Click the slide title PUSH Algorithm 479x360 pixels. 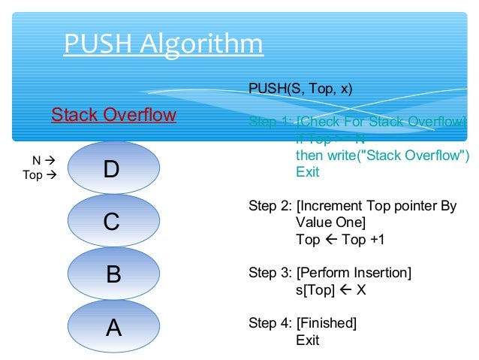click(x=163, y=44)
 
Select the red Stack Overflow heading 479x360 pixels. click(x=113, y=115)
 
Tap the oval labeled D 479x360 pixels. click(x=113, y=170)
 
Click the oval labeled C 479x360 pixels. click(x=113, y=222)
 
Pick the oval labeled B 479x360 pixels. click(x=113, y=274)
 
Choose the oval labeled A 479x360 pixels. click(x=113, y=327)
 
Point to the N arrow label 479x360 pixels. click(x=44, y=160)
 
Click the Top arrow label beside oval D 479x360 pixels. click(x=40, y=175)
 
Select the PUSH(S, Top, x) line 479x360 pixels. click(x=300, y=89)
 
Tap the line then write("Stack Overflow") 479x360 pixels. click(x=382, y=156)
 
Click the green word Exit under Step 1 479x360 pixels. click(x=308, y=172)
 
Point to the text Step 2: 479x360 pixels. click(x=270, y=206)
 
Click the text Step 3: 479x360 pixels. click(x=270, y=273)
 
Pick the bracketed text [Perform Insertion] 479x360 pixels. click(x=354, y=273)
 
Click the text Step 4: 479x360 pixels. click(x=270, y=324)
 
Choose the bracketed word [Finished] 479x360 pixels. click(x=327, y=324)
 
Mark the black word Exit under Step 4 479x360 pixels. click(x=308, y=340)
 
